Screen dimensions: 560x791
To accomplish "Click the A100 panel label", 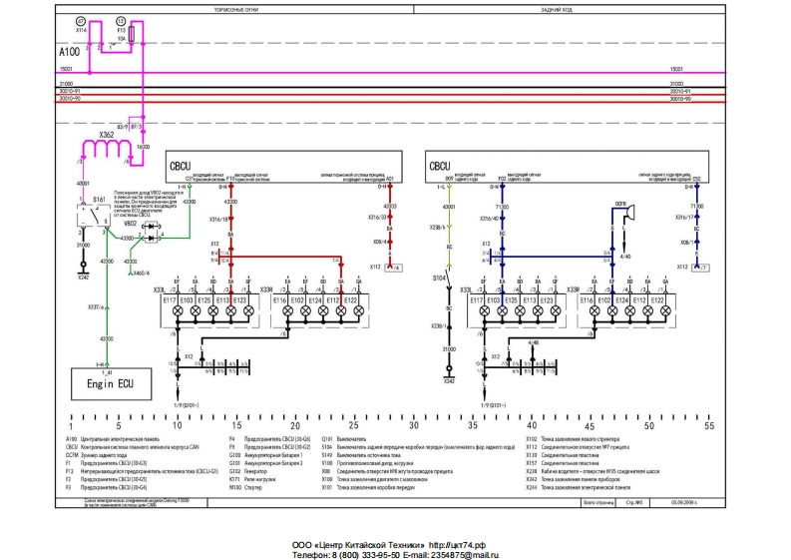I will tap(70, 50).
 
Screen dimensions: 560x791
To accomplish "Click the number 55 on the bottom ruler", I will tap(709, 426).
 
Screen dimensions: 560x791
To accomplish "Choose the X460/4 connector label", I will tap(141, 272).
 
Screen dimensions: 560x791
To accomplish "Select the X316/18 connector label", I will tap(220, 218).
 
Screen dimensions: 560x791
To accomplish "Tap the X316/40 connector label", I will tap(489, 218).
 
